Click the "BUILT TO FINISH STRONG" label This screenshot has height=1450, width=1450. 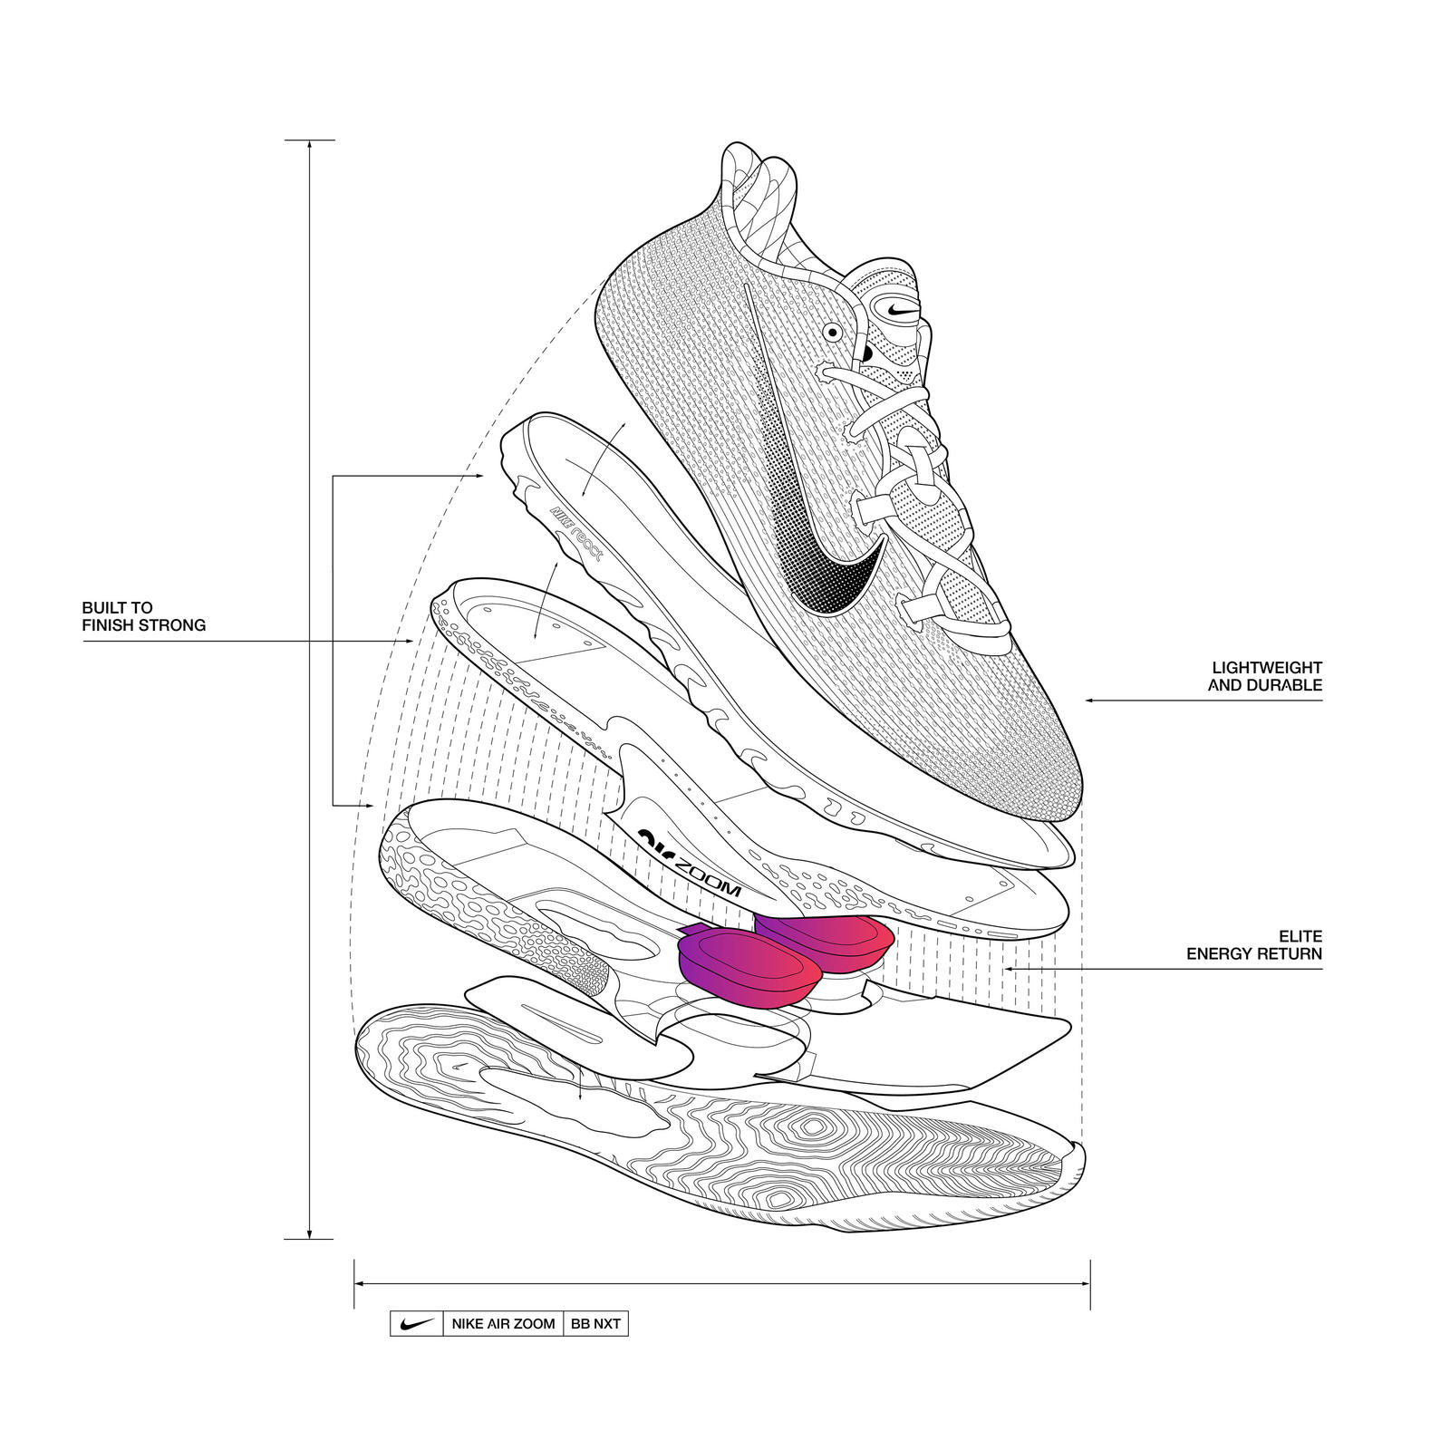(x=143, y=616)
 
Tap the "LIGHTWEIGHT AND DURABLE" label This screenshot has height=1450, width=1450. (x=1266, y=677)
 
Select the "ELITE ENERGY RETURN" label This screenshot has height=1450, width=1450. (x=1254, y=944)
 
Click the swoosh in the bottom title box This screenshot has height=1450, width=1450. (x=416, y=1323)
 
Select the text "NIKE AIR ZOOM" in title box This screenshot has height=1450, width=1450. (x=503, y=1324)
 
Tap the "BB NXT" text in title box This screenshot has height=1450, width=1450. (x=595, y=1324)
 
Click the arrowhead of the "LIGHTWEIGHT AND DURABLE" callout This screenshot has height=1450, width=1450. (x=1090, y=701)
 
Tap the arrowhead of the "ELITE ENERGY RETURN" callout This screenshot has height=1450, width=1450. (x=1008, y=970)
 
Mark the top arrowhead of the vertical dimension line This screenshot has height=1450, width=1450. (x=310, y=145)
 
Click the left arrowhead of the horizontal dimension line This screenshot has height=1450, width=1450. (x=359, y=1283)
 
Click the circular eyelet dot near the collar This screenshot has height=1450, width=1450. (x=832, y=333)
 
